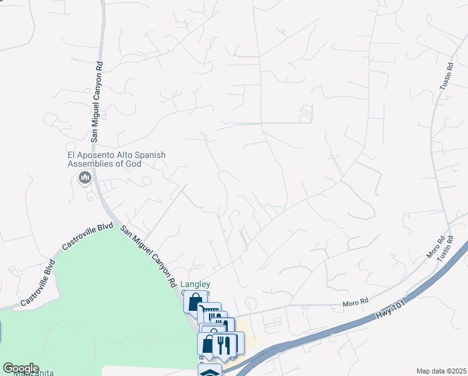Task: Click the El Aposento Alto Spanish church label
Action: point(112,159)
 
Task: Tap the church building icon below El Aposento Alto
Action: point(84,179)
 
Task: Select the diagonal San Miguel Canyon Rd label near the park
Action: point(148,256)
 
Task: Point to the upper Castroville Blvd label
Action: point(88,237)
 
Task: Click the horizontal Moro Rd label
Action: point(355,303)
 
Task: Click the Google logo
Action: point(21,368)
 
